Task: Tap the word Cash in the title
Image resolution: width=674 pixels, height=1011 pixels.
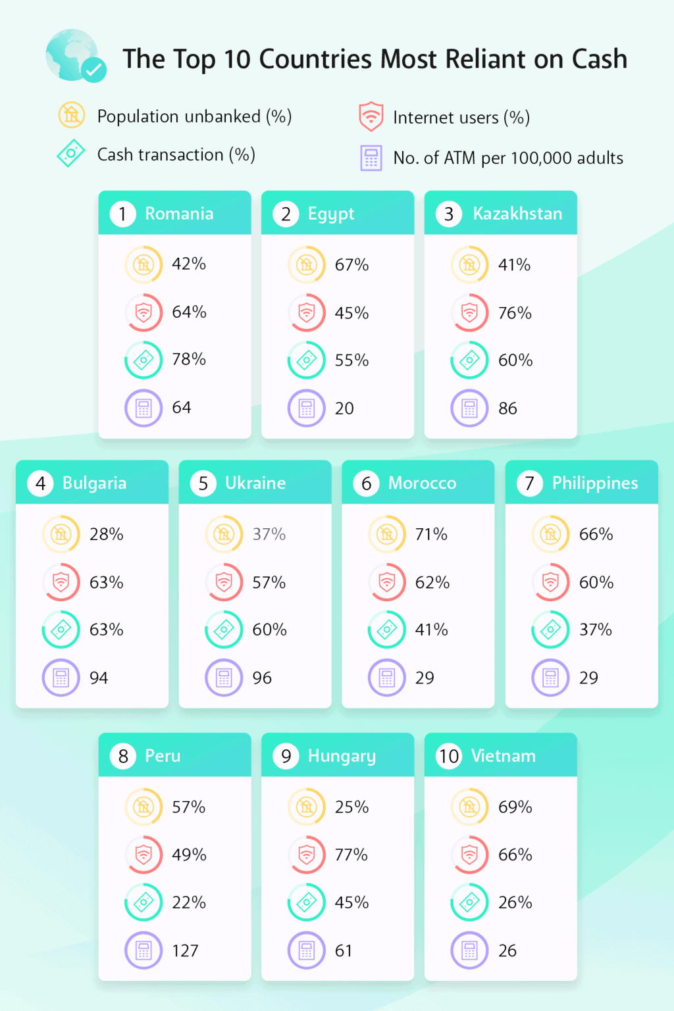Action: (x=600, y=59)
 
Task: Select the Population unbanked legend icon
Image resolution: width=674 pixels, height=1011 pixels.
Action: (x=71, y=115)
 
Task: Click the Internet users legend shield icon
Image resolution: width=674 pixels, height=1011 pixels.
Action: (x=371, y=116)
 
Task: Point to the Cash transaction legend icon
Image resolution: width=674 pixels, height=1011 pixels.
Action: (x=71, y=153)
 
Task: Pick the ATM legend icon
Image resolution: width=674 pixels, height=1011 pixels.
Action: (x=371, y=158)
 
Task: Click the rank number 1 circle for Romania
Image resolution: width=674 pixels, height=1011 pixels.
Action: (x=122, y=214)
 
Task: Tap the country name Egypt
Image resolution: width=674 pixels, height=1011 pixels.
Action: (x=331, y=214)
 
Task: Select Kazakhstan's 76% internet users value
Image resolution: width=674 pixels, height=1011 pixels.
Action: (x=515, y=313)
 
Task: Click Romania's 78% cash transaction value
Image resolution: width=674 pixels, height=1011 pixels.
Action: (x=189, y=359)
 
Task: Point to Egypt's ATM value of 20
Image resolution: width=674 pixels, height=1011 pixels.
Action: (x=344, y=408)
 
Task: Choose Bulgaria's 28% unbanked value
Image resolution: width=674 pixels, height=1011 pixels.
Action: (x=106, y=534)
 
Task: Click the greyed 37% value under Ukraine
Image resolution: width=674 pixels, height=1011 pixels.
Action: (x=269, y=534)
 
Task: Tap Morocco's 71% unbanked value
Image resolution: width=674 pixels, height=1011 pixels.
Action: (x=431, y=534)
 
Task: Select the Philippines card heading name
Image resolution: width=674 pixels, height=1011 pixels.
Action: (x=595, y=483)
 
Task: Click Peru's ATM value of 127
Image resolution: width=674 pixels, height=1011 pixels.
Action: (x=185, y=950)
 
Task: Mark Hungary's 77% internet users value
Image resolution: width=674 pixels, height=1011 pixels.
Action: (x=351, y=854)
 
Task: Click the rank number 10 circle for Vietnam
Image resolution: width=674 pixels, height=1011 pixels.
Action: (x=449, y=756)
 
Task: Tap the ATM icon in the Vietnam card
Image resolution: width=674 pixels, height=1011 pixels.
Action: (x=469, y=950)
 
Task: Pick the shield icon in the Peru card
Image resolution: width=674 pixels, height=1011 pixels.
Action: (x=143, y=854)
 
